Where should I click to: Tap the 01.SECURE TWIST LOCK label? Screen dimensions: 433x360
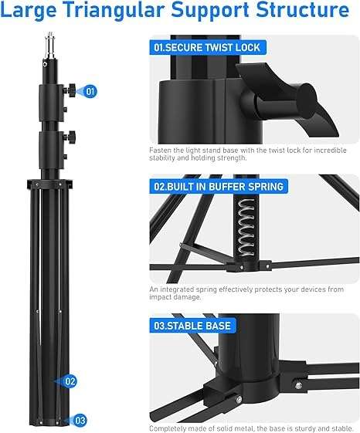coord(206,47)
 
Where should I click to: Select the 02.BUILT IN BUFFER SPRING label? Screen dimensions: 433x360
coord(219,186)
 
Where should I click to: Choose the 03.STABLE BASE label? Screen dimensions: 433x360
coord(192,326)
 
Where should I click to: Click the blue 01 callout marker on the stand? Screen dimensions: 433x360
coord(90,91)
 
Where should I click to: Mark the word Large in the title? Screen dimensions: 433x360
coord(32,12)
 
